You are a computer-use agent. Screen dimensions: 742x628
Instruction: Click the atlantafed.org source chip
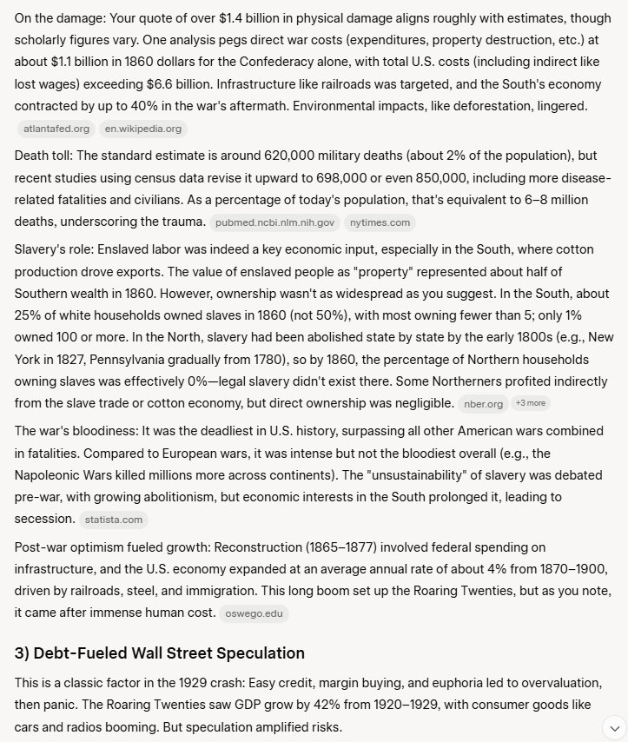pyautogui.click(x=56, y=129)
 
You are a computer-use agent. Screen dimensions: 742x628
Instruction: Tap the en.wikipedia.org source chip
pyautogui.click(x=142, y=129)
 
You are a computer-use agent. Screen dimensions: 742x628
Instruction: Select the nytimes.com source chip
pyautogui.click(x=380, y=222)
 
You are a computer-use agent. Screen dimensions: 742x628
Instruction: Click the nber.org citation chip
pyautogui.click(x=484, y=403)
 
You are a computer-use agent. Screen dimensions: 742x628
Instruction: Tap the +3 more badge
pyautogui.click(x=530, y=403)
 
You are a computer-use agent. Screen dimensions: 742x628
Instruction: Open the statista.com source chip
pyautogui.click(x=113, y=520)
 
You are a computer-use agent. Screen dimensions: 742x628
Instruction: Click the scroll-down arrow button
pyautogui.click(x=613, y=726)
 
